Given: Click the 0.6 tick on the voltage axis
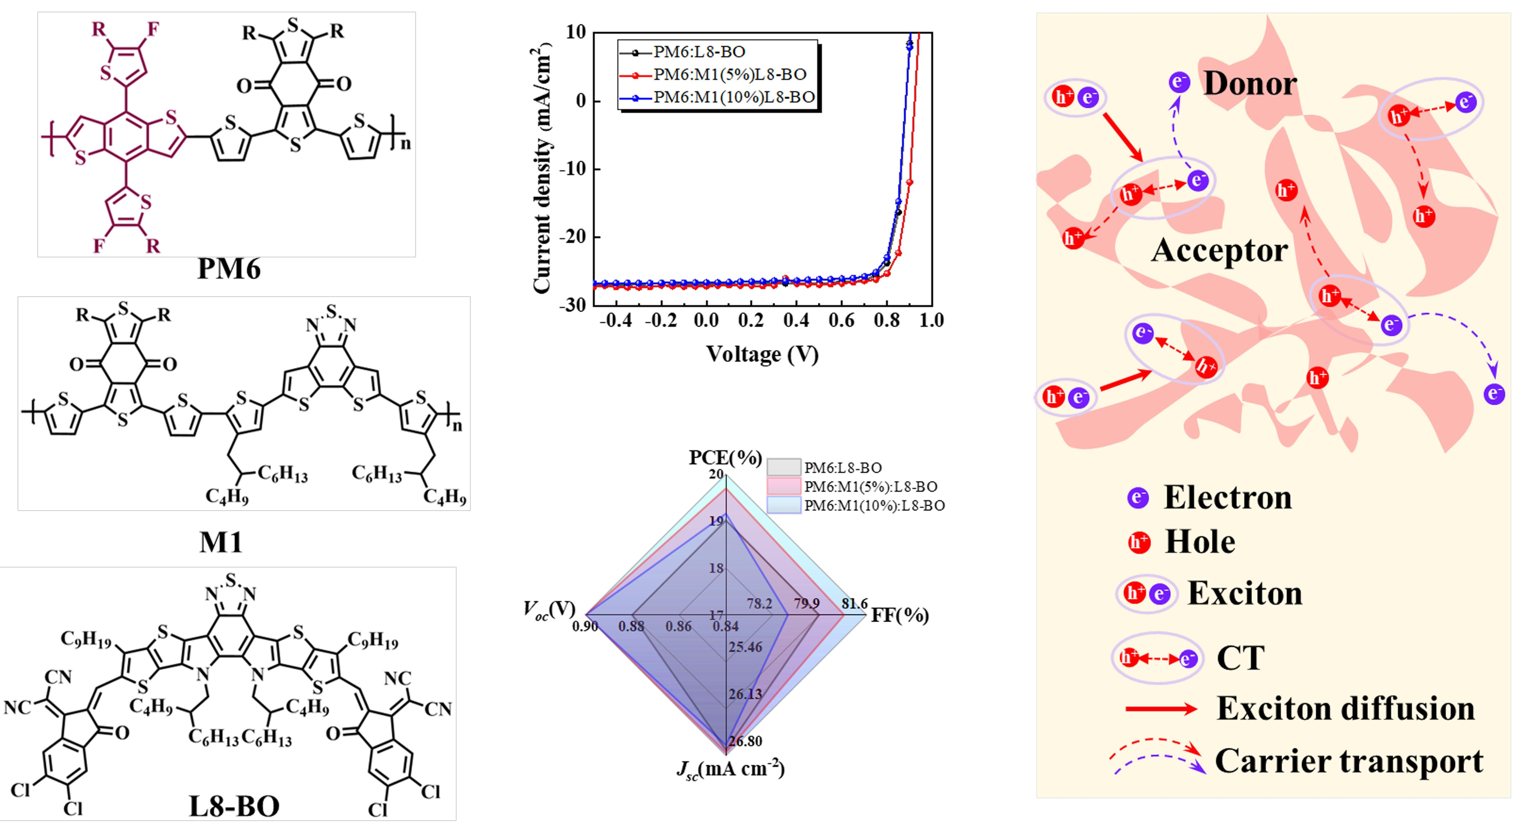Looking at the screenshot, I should click(x=841, y=321).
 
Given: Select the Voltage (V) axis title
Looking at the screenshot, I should click(x=762, y=354).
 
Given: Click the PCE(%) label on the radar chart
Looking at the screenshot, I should click(x=725, y=458).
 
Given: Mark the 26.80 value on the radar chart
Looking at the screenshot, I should click(x=745, y=741).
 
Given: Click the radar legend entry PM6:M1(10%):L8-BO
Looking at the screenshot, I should click(x=874, y=506).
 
